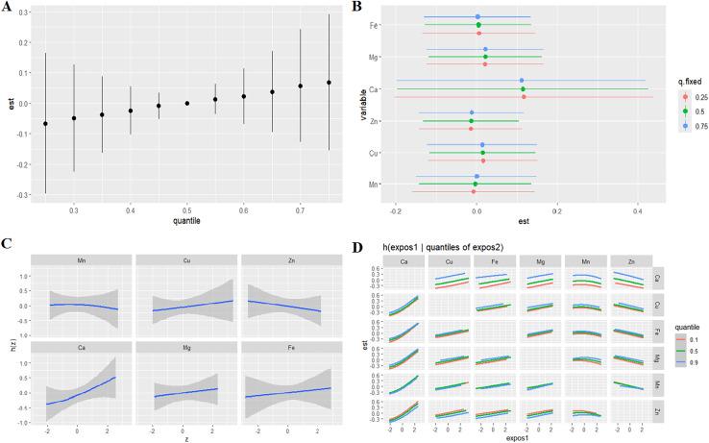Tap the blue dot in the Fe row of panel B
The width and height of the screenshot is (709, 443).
click(477, 16)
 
